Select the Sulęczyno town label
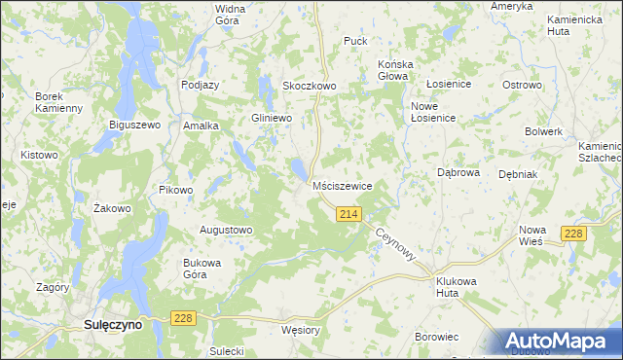click(x=112, y=326)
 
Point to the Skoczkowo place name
click(x=309, y=86)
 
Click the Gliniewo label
click(x=272, y=118)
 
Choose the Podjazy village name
click(x=200, y=85)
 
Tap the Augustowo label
click(x=226, y=231)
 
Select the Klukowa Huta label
click(x=459, y=285)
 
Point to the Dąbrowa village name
click(x=458, y=172)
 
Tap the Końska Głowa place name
click(x=395, y=71)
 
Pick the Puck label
click(x=354, y=42)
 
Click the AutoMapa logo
click(x=561, y=342)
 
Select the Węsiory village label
click(x=299, y=330)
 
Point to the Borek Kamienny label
click(x=58, y=102)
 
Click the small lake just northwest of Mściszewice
click(x=297, y=171)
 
